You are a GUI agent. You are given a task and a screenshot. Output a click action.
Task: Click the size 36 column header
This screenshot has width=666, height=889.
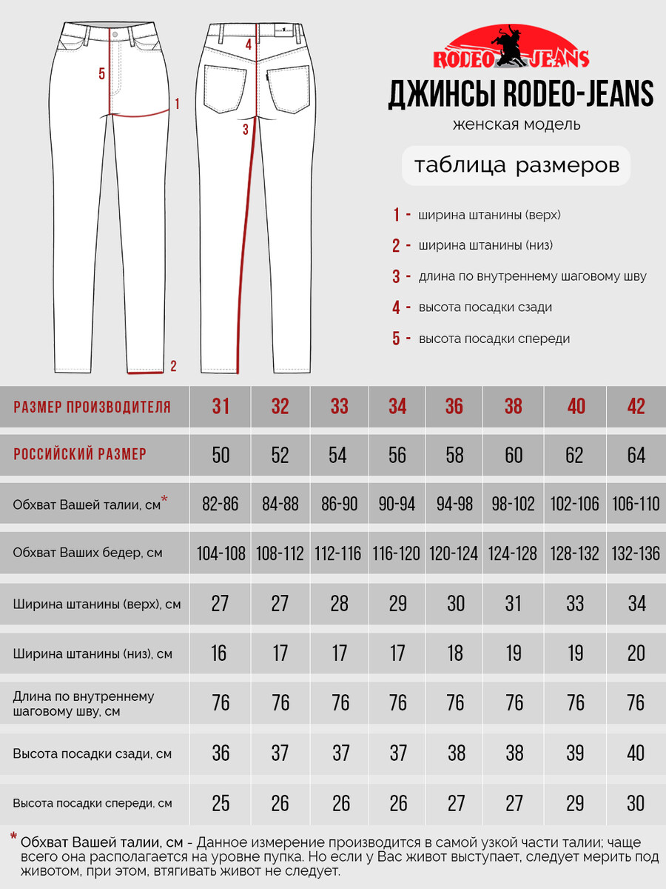(454, 406)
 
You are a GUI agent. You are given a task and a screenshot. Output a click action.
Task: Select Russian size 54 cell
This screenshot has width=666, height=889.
(337, 454)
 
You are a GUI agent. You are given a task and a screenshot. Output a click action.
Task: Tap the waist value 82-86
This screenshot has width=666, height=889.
(221, 505)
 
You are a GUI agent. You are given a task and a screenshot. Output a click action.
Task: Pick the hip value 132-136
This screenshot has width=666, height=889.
(636, 553)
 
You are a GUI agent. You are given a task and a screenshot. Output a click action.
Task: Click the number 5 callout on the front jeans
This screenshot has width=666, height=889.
(102, 73)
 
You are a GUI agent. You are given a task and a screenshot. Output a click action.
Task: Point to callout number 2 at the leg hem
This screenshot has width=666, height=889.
(173, 365)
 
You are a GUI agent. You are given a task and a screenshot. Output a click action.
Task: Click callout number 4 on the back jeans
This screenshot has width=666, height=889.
(249, 44)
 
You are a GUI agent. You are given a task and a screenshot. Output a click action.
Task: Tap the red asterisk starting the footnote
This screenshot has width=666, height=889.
(13, 838)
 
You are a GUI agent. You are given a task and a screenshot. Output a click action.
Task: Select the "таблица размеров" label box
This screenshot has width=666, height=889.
(516, 165)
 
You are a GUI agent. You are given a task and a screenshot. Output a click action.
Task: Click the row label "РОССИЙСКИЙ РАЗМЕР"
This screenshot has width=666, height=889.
(80, 454)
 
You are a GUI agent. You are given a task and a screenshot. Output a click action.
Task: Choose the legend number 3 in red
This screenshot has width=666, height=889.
(397, 277)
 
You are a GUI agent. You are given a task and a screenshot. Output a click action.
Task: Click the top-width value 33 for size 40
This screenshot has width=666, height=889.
(575, 603)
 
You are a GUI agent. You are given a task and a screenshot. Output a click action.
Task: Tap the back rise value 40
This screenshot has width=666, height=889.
(636, 753)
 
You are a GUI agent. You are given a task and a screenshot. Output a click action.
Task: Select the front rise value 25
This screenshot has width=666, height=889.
(221, 803)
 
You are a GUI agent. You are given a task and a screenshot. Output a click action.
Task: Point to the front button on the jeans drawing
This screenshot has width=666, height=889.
(115, 33)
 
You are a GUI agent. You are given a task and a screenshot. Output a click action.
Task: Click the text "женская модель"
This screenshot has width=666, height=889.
(516, 124)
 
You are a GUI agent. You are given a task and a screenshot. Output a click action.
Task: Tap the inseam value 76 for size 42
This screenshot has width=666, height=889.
(636, 702)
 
